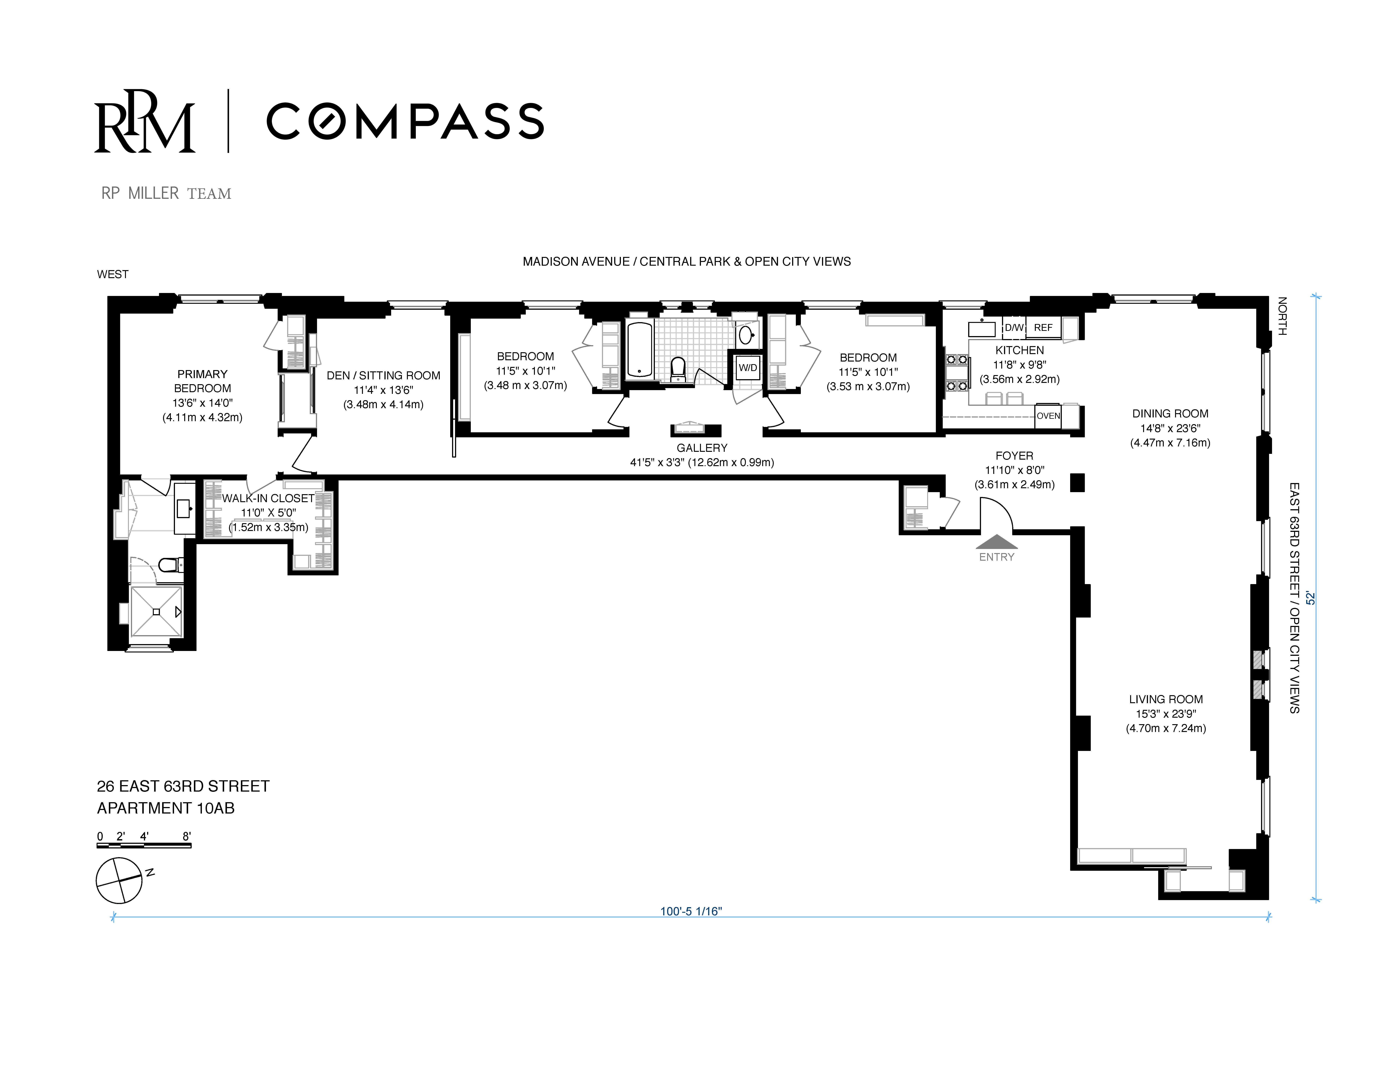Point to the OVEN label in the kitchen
[x=1048, y=416]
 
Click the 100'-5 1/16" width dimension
[x=691, y=911]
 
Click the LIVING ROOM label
[x=1166, y=699]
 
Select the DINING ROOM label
[x=1170, y=414]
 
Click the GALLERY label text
[x=701, y=448]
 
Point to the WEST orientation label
[x=112, y=274]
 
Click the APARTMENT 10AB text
[x=165, y=808]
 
